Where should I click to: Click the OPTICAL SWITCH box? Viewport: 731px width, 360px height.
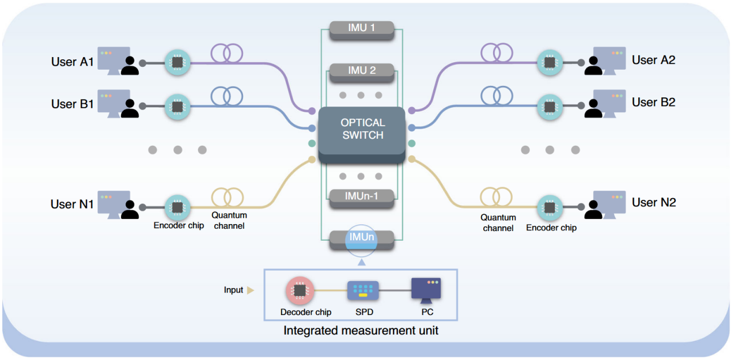pos(362,131)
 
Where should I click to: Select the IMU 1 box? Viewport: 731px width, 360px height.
pos(361,29)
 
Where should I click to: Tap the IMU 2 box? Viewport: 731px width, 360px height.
pos(361,71)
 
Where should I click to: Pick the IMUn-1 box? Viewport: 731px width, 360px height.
pos(361,196)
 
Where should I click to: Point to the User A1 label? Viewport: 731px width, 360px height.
pos(73,62)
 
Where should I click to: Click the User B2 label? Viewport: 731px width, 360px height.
pos(653,103)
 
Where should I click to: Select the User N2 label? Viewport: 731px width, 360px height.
pos(654,203)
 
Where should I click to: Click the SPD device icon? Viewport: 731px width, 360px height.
pos(362,291)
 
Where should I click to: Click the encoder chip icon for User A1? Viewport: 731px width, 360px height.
pos(177,62)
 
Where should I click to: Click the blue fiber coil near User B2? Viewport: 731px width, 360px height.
pos(495,96)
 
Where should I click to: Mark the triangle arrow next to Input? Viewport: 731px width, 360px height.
pos(250,290)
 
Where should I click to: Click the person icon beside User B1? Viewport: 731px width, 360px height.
pos(130,108)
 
